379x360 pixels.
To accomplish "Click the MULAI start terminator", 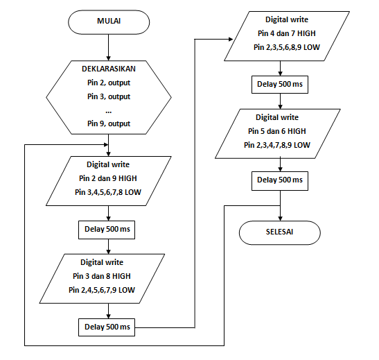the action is point(109,22).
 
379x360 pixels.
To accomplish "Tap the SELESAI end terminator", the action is point(280,232).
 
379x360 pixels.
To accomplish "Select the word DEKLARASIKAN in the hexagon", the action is point(109,69).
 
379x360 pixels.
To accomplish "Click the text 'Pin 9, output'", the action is point(109,123).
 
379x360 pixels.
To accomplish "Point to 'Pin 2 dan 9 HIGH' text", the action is point(108,178).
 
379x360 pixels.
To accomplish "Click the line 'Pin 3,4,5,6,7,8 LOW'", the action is point(108,192).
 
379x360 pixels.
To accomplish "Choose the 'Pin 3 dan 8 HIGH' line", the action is point(102,276).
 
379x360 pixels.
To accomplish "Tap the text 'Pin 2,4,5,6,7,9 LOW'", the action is point(102,290).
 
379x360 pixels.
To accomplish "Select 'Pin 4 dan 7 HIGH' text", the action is point(287,33).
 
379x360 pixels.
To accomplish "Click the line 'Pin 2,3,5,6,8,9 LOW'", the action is point(287,47).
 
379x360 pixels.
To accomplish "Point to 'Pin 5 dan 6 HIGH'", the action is point(277,131).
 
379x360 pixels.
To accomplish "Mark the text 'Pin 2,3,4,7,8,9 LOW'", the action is point(277,145).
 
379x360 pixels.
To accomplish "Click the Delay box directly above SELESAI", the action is point(280,181).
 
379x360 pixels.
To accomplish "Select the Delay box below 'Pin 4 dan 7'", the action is point(280,85).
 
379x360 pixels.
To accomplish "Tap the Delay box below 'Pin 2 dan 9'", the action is point(107,230).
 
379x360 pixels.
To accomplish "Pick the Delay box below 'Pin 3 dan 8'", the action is point(107,327).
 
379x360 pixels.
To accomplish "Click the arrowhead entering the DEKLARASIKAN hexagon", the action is point(109,58).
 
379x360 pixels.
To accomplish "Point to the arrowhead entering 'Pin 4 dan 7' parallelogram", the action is point(231,40).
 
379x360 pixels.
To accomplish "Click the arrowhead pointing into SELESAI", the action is point(280,218).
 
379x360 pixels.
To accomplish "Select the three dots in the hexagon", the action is point(109,112).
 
